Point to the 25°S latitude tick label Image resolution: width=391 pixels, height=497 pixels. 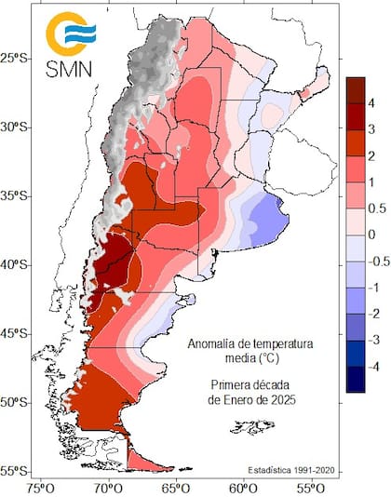click(x=17, y=58)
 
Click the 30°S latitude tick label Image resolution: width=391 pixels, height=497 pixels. click(x=17, y=127)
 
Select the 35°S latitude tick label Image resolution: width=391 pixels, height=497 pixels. click(x=17, y=195)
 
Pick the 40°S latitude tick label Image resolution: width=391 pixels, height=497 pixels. click(x=17, y=264)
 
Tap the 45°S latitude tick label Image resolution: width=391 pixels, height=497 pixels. click(x=17, y=333)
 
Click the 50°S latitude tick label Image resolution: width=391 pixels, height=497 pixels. click(x=17, y=402)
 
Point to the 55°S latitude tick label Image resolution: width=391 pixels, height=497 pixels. click(x=17, y=471)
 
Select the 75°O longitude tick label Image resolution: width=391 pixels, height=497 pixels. click(x=41, y=487)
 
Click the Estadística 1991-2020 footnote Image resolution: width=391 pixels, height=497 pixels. click(x=290, y=470)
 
